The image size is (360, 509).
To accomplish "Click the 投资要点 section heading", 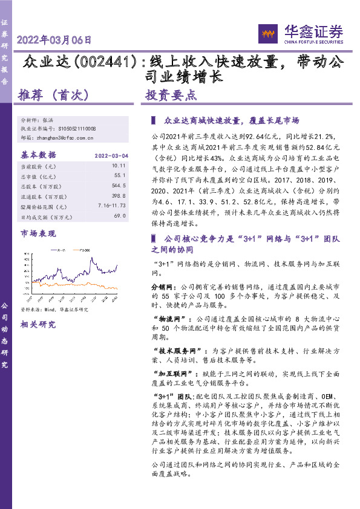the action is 171,95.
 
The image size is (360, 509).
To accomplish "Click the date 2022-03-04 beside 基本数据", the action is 111,155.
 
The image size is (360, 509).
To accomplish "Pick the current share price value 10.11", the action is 118,165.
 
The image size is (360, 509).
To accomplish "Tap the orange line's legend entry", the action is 84,248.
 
